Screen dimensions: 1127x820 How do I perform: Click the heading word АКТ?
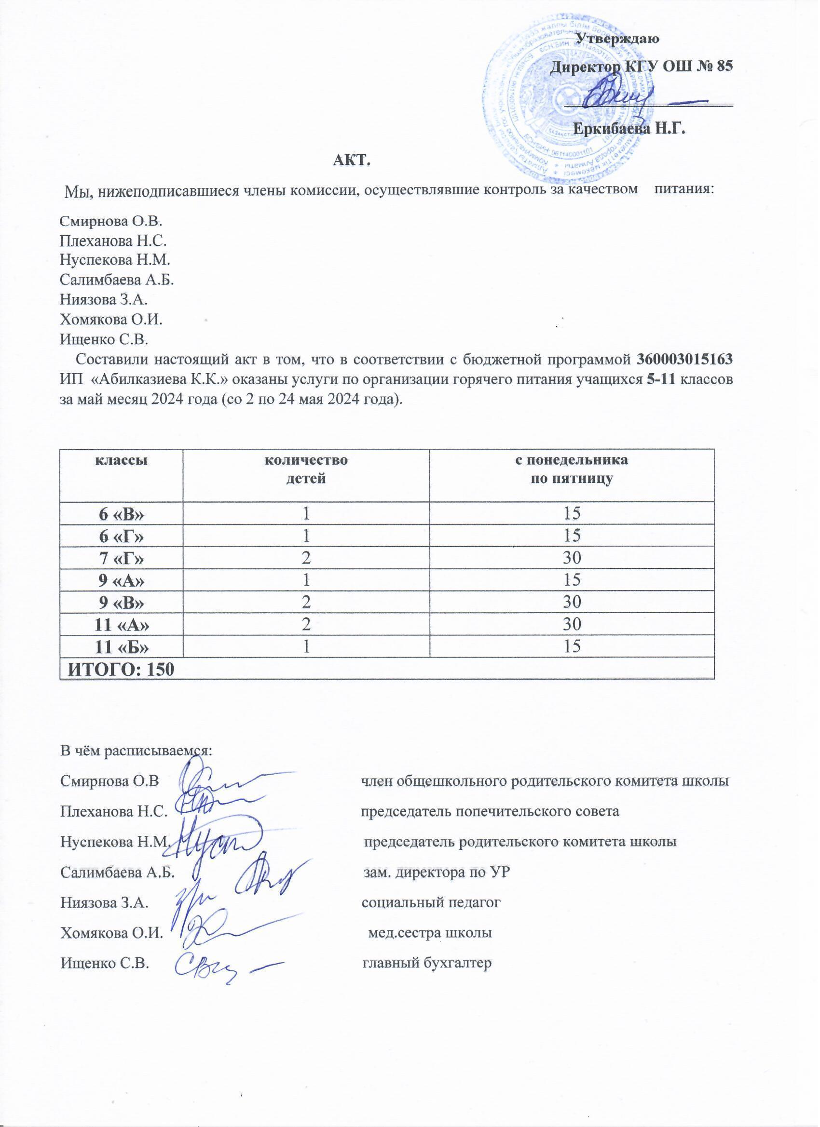pyautogui.click(x=353, y=161)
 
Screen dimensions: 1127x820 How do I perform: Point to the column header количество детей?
pyautogui.click(x=306, y=470)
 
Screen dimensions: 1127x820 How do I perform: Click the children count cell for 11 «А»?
pyautogui.click(x=306, y=623)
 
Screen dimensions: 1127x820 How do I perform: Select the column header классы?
pyautogui.click(x=121, y=460)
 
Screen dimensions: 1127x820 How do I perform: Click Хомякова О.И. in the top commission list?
pyautogui.click(x=111, y=320)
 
